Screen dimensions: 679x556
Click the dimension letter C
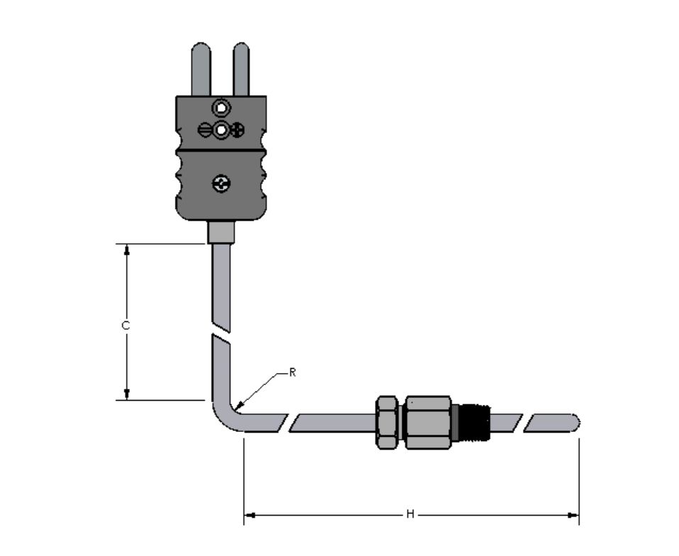[126, 326]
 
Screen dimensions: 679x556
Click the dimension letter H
[410, 514]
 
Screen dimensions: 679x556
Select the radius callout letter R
[293, 372]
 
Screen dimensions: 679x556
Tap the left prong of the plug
[201, 69]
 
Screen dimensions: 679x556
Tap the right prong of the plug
[241, 69]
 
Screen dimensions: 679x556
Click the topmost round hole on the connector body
[221, 107]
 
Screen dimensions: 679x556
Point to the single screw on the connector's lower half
[221, 184]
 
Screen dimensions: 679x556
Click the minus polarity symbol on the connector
[205, 130]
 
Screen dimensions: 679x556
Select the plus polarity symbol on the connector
[237, 130]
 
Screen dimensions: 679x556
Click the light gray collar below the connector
[221, 233]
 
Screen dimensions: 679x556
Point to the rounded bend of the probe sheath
[225, 416]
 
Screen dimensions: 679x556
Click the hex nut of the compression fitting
[387, 422]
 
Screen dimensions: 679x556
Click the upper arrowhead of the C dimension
[127, 250]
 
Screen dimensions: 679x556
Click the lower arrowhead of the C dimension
[127, 394]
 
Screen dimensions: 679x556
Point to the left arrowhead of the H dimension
[250, 515]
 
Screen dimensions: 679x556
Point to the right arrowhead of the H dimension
[573, 515]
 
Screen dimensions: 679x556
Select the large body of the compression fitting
[428, 422]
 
